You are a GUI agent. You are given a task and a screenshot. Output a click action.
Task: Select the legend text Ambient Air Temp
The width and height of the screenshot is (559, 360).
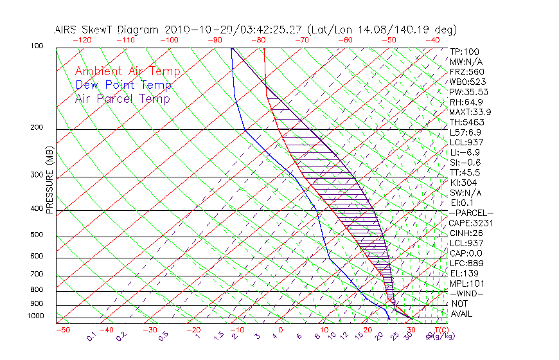click(x=127, y=71)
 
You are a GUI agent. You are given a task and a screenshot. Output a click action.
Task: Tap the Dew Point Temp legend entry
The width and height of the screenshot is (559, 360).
click(x=123, y=85)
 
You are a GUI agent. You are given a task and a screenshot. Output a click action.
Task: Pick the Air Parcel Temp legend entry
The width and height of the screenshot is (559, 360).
click(x=122, y=98)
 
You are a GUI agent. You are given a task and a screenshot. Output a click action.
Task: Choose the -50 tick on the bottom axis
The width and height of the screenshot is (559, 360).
click(x=62, y=330)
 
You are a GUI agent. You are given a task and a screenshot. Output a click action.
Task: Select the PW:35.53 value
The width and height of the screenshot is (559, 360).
click(x=468, y=92)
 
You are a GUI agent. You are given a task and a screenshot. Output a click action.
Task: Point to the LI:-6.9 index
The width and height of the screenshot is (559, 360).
click(x=465, y=152)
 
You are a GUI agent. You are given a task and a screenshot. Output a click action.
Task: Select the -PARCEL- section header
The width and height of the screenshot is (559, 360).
click(x=472, y=213)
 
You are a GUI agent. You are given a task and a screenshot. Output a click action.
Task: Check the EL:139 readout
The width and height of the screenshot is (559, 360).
click(x=464, y=273)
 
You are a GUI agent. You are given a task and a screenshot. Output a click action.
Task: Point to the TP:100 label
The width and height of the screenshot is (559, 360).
click(x=464, y=51)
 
